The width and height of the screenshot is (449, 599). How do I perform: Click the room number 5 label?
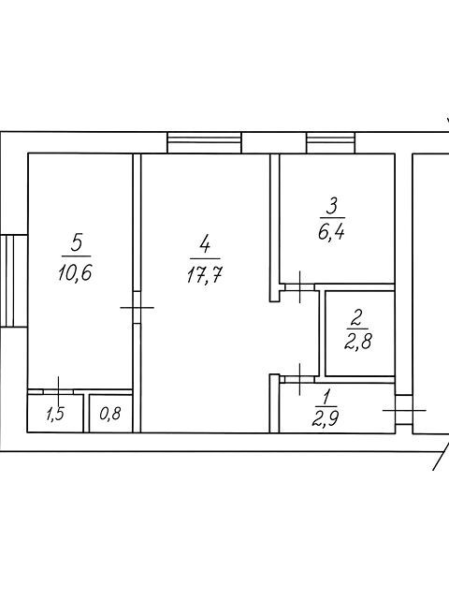[77, 242]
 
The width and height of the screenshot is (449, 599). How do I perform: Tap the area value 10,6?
[76, 272]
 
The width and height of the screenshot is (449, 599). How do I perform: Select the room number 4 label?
[205, 244]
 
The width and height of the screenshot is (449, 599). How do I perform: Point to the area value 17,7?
[205, 274]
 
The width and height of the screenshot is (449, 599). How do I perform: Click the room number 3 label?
[331, 207]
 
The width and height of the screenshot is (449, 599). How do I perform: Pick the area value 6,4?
[331, 231]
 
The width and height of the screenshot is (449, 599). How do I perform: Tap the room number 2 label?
[357, 318]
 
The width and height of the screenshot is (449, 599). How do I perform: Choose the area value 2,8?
[357, 341]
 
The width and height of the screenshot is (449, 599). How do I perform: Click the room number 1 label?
[326, 397]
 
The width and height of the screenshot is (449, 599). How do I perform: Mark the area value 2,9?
[326, 418]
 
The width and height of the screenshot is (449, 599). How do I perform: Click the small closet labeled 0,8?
[110, 414]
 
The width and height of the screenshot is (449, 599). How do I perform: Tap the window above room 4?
[205, 143]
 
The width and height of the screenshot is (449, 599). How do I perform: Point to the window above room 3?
[331, 143]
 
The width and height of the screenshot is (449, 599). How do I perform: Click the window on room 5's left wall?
[14, 281]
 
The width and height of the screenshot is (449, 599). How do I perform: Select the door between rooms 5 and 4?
[138, 308]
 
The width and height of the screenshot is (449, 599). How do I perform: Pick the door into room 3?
[299, 287]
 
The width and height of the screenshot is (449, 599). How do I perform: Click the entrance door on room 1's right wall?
[404, 410]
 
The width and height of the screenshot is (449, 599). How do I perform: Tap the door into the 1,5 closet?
[58, 391]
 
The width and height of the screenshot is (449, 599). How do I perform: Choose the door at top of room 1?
[299, 379]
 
